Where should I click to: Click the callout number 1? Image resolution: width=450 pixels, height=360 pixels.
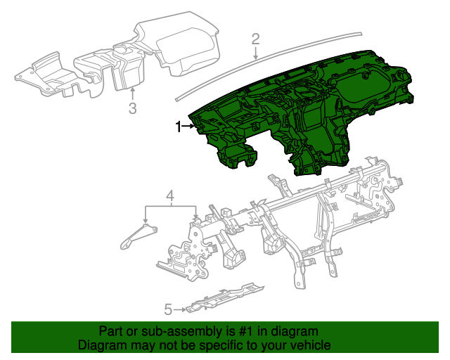point(178,127)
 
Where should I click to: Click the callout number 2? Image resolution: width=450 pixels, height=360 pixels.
point(256,39)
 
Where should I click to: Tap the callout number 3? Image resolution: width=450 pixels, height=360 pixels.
point(132,108)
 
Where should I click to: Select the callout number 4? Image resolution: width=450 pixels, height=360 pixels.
point(169,195)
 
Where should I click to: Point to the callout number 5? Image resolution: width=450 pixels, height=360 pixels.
point(168,309)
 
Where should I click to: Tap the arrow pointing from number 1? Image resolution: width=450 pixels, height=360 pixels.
point(189,127)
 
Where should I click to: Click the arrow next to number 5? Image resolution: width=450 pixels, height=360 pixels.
point(180,309)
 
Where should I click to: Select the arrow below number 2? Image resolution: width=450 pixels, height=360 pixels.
point(256,52)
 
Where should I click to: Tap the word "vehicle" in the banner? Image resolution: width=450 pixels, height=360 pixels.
point(311,346)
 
